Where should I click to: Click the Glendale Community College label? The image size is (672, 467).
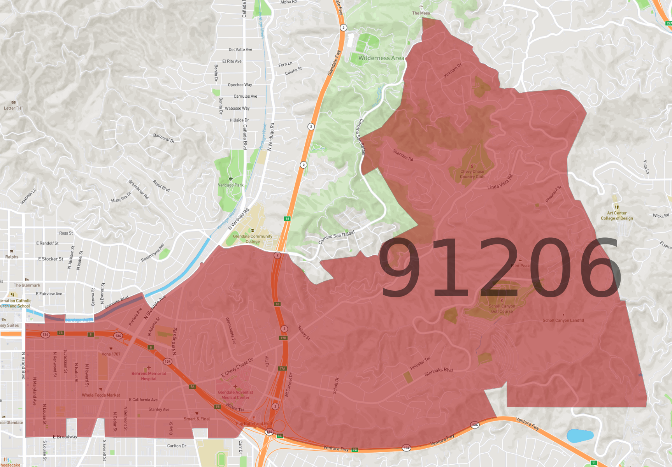(253, 239)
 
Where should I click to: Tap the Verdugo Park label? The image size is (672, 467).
(231, 185)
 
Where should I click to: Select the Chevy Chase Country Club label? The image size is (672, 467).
(472, 174)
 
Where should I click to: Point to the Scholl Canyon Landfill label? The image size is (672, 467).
(563, 320)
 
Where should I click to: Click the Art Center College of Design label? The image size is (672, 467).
(617, 216)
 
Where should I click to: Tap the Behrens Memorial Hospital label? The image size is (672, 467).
(149, 376)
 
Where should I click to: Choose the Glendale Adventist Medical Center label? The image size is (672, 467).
(235, 395)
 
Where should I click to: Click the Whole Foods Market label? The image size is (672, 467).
(101, 395)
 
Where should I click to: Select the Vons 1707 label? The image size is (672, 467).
(111, 354)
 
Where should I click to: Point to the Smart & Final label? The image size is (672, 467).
(197, 419)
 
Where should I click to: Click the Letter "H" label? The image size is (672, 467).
(13, 108)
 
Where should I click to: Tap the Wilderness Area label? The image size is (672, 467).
(381, 58)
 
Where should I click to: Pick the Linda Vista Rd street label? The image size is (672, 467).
(500, 182)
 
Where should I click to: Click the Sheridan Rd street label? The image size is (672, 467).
(403, 155)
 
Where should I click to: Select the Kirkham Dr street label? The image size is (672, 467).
(453, 70)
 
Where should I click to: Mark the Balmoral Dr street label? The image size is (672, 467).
(164, 138)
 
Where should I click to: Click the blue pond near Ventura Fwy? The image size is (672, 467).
(580, 435)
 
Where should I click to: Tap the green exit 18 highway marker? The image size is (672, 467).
(287, 219)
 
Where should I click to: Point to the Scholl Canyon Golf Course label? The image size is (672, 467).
(502, 309)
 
